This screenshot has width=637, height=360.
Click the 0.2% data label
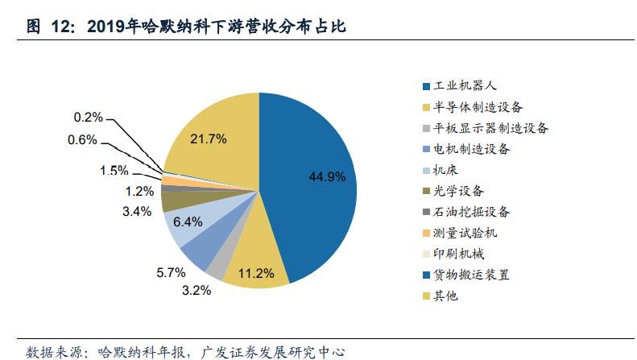[88, 118]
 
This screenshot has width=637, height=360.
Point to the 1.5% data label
[114, 170]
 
